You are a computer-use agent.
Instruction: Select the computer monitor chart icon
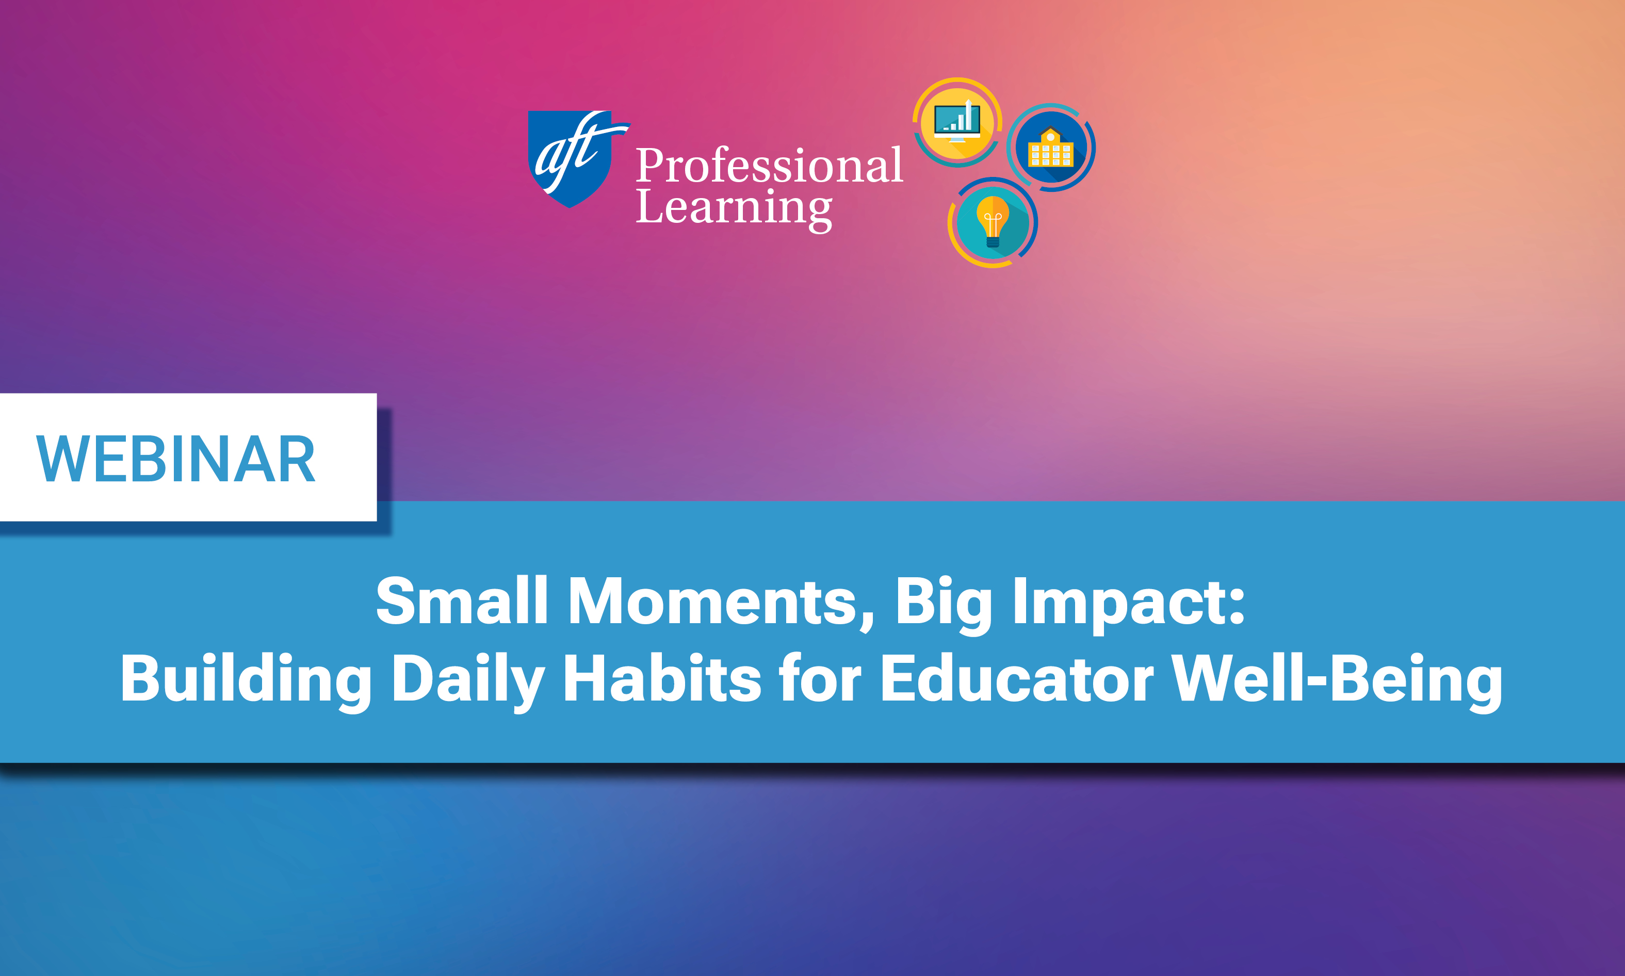tap(957, 122)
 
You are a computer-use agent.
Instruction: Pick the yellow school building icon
tap(1050, 148)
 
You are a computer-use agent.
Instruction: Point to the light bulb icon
tap(993, 222)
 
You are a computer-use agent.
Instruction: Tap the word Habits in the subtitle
tap(661, 679)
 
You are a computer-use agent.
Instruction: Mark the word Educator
tap(1016, 679)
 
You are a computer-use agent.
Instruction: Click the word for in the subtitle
tap(819, 679)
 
